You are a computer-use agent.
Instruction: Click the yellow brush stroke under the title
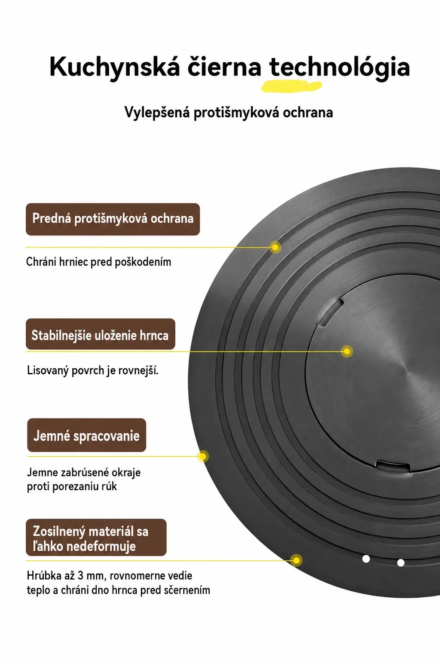[x=291, y=86]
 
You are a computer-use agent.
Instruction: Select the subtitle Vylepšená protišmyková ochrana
[x=229, y=113]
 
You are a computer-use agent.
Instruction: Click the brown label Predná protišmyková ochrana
[x=113, y=219]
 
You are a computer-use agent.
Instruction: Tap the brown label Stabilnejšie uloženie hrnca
[x=101, y=334]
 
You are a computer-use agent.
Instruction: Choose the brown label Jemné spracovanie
[x=87, y=435]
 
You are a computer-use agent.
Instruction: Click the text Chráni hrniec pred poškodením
[x=98, y=262]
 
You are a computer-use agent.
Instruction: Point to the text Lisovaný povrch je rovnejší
[x=92, y=370]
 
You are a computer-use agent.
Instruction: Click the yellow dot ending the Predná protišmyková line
[x=275, y=247]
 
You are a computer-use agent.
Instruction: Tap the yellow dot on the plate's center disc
[x=347, y=351]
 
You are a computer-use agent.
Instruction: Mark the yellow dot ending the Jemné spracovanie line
[x=203, y=456]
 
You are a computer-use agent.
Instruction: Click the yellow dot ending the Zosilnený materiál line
[x=296, y=560]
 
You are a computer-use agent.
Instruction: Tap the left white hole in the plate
[x=366, y=559]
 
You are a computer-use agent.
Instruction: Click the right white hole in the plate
[x=401, y=562]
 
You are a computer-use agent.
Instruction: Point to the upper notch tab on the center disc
[x=331, y=312]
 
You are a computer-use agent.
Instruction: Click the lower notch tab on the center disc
[x=393, y=465]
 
